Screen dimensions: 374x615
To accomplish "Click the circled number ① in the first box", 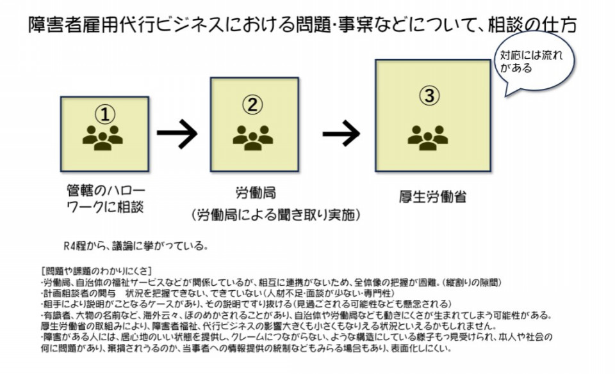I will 105,114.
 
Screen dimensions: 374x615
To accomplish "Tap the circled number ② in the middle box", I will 253,104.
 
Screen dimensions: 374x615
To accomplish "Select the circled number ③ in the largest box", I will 429,97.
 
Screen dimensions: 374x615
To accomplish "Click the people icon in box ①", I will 102,137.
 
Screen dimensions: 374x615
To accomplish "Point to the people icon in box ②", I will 252,136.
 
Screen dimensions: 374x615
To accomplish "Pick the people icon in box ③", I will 428,136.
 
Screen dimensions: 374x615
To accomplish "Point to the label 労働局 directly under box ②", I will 256,192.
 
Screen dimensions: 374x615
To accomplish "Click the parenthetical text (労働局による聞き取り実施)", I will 275,214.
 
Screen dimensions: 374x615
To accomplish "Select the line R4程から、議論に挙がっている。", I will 135,246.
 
